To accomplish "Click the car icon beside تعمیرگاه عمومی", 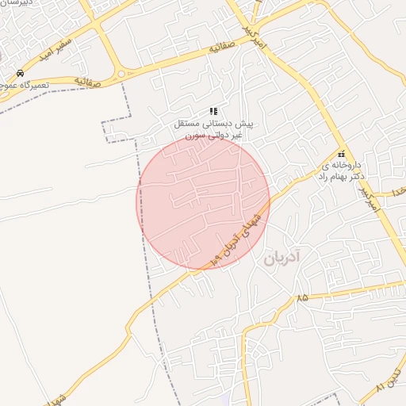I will tap(20, 72).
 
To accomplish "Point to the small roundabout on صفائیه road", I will tap(121, 75).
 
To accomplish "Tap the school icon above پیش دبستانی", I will tap(213, 112).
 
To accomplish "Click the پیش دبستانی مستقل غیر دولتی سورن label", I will tap(213, 130).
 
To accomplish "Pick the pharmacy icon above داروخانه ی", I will tap(341, 155).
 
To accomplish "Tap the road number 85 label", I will tap(301, 298).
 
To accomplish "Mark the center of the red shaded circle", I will tap(203, 201).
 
